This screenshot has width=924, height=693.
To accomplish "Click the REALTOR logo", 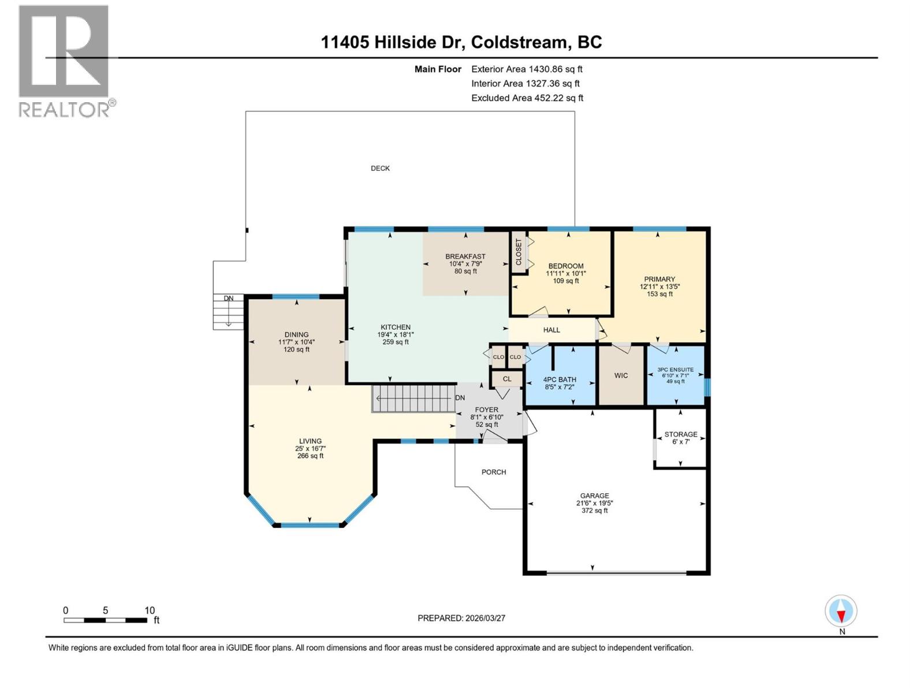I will [x=64, y=61].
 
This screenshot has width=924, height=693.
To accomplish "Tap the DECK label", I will [x=380, y=169].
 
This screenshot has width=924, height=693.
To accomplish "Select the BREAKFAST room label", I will [x=465, y=256].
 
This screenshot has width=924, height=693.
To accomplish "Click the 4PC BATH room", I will [x=560, y=380].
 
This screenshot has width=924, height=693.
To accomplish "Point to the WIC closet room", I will [x=621, y=376].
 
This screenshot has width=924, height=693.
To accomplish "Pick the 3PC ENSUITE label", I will [x=675, y=370].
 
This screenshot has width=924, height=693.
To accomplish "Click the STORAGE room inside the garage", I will [x=680, y=438].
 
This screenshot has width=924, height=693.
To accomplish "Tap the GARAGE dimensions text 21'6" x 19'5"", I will [x=594, y=503].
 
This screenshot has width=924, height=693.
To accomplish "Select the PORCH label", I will [x=493, y=472].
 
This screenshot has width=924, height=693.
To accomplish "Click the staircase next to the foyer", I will [x=413, y=398].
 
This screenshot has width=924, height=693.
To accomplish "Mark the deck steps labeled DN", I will [x=228, y=312].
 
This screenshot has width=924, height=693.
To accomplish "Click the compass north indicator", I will [x=841, y=612].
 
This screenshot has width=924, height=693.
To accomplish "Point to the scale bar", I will [x=105, y=620].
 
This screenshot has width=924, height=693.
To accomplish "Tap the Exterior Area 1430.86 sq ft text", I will [x=527, y=69].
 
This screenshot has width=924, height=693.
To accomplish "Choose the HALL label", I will [x=552, y=330].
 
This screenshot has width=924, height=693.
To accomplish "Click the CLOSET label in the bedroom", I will [x=519, y=252].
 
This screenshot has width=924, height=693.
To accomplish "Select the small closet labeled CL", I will [x=506, y=379].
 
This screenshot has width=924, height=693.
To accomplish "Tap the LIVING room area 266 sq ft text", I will [x=310, y=456].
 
